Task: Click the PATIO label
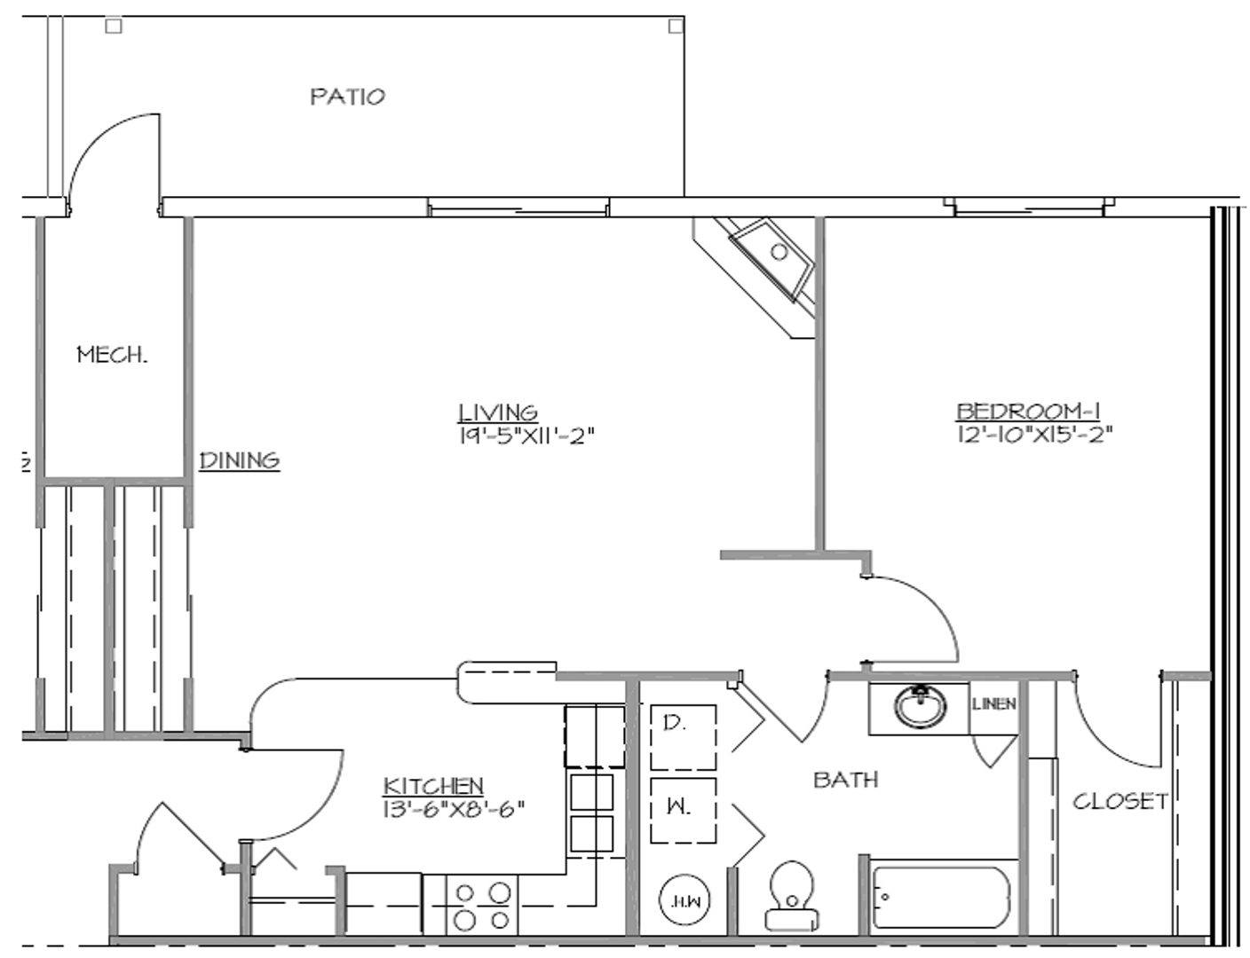347,96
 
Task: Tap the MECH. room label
112,356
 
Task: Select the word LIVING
498,412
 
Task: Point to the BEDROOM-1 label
1028,411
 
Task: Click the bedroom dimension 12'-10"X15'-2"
1035,435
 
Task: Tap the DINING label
240,460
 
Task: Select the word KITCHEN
433,785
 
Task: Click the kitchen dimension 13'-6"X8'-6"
455,807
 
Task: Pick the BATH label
846,780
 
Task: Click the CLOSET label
1120,801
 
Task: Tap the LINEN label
993,704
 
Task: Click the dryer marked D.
683,737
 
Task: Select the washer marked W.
683,810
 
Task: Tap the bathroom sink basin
920,707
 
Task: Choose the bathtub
943,896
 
